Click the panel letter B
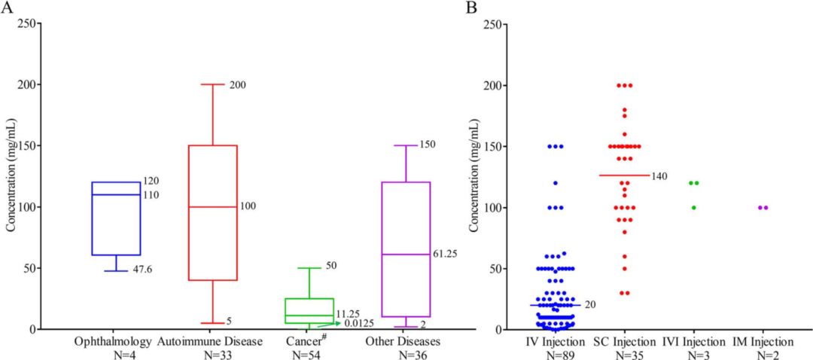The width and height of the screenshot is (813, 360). (x=472, y=8)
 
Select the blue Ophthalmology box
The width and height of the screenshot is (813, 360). (x=116, y=218)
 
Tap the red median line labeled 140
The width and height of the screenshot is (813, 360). (x=624, y=175)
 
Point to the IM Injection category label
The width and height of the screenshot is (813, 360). (x=762, y=342)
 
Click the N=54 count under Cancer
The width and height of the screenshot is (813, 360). (x=309, y=354)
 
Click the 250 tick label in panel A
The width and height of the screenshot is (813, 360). (x=26, y=23)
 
